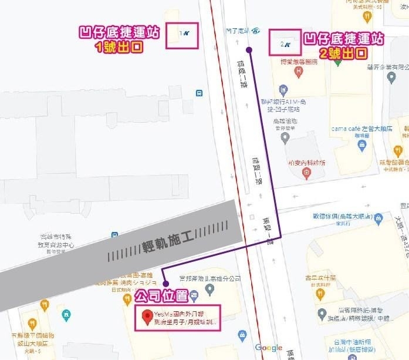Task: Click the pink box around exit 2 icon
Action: (286, 42)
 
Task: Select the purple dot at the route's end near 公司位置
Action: (165, 284)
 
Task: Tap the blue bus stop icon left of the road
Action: (200, 92)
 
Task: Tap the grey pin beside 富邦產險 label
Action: (210, 290)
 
